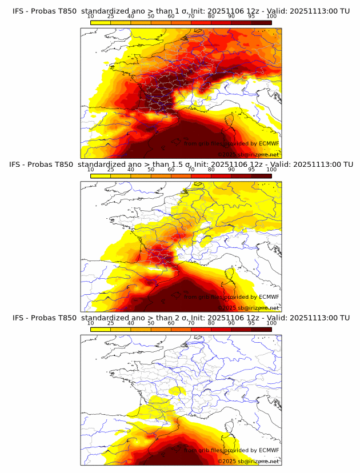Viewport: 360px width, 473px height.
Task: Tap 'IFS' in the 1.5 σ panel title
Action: pos(18,165)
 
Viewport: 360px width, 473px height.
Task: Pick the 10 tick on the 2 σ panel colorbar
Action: pos(90,323)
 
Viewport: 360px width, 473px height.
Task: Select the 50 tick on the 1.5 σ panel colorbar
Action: pos(151,170)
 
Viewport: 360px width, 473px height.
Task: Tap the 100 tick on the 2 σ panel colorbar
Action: pos(271,323)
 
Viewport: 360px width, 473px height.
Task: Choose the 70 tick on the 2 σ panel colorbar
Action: pos(191,323)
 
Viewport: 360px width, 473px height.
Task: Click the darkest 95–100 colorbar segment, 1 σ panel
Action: pos(261,22)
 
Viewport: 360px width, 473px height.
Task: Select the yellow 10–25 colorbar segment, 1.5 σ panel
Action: pos(100,176)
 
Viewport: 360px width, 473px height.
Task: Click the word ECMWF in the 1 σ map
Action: pos(269,143)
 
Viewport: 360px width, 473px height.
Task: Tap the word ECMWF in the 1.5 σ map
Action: pos(269,296)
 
